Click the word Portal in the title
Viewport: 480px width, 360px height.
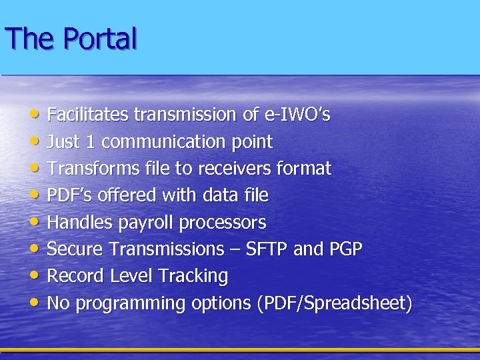[101, 39]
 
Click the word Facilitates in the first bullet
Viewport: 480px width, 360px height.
[88, 115]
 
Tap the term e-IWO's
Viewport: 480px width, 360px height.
[297, 115]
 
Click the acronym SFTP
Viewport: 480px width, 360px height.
[267, 249]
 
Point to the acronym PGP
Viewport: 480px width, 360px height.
[345, 249]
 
